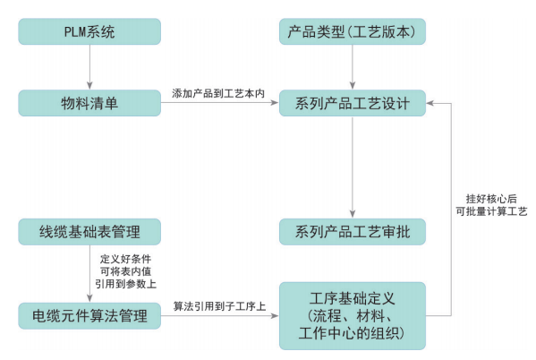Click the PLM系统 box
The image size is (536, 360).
click(x=89, y=31)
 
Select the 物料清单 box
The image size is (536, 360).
click(x=89, y=103)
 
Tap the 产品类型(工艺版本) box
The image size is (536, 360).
click(x=353, y=31)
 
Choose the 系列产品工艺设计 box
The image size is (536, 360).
click(x=353, y=103)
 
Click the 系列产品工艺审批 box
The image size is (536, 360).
click(x=353, y=232)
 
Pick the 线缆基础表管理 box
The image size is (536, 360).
click(x=89, y=232)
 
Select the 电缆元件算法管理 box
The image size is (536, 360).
click(x=89, y=316)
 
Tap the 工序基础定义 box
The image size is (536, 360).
click(x=353, y=316)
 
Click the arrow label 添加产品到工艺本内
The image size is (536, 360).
click(x=218, y=93)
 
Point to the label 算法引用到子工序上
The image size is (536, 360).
click(x=219, y=306)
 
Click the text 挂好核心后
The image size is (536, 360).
click(x=491, y=199)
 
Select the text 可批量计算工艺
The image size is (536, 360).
click(x=491, y=211)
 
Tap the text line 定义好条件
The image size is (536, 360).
click(x=125, y=259)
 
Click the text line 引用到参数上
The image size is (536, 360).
click(x=125, y=284)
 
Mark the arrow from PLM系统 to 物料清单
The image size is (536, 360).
click(x=89, y=67)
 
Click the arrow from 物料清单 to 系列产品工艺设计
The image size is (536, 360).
click(x=220, y=102)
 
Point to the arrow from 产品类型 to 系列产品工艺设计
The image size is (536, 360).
click(x=353, y=67)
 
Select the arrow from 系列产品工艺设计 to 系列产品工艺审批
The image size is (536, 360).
click(x=353, y=167)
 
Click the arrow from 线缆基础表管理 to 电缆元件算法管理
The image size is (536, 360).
click(x=89, y=274)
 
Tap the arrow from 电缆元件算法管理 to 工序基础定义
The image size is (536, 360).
click(x=220, y=315)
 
